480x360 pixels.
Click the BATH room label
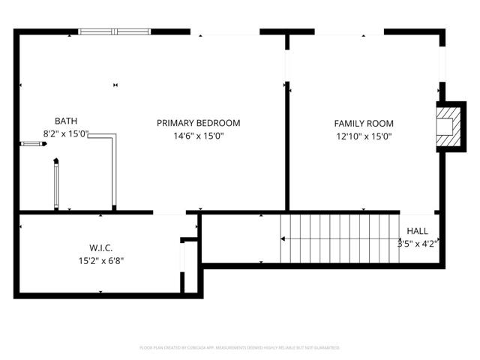66,121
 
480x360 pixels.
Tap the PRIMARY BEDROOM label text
198,123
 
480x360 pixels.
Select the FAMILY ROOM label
364,124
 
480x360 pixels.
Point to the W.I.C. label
101,247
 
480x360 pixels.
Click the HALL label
418,231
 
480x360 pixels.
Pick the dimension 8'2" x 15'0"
66,134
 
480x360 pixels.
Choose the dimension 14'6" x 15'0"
198,136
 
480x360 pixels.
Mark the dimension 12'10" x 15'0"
364,136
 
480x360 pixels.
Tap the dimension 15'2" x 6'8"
101,260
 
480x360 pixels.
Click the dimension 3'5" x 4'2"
418,243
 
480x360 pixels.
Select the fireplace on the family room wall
448,125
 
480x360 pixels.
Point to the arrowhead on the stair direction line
283,239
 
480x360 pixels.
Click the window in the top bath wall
115,31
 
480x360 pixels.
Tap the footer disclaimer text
240,347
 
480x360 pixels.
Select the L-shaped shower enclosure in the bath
115,169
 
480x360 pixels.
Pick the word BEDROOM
218,123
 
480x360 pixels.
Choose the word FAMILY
350,124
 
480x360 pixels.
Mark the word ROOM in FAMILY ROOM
381,124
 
